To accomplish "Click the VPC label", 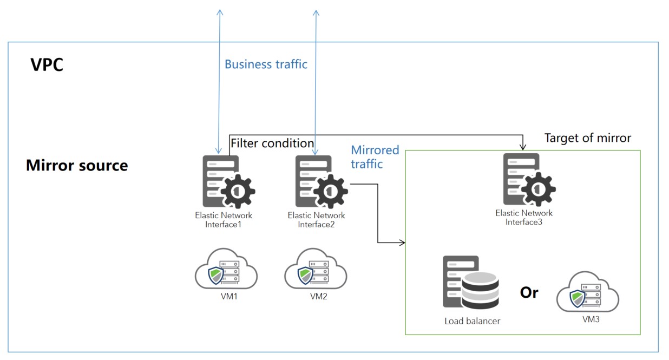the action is (47, 64).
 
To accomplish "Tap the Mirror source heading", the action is (77, 165).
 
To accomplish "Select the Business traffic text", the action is (266, 64).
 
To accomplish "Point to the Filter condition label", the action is (272, 143).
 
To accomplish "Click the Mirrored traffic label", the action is (375, 157).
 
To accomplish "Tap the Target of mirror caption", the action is (587, 138).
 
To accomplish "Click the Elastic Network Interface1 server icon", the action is (229, 182).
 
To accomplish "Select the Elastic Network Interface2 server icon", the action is (322, 182).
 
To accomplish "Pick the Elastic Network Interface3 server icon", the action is (529, 180).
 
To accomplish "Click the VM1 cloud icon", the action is (226, 269).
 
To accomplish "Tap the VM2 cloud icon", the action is (316, 269).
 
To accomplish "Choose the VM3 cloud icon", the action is (588, 292).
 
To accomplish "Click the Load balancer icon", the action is (471, 283).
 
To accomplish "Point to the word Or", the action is (529, 292).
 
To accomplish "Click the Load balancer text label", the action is (472, 321).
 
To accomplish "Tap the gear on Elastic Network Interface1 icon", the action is (238, 191).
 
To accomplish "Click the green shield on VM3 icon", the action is (578, 298).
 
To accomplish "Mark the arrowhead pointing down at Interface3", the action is (523, 147).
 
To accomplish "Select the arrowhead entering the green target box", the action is (402, 243).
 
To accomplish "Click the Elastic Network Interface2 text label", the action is (316, 220).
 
